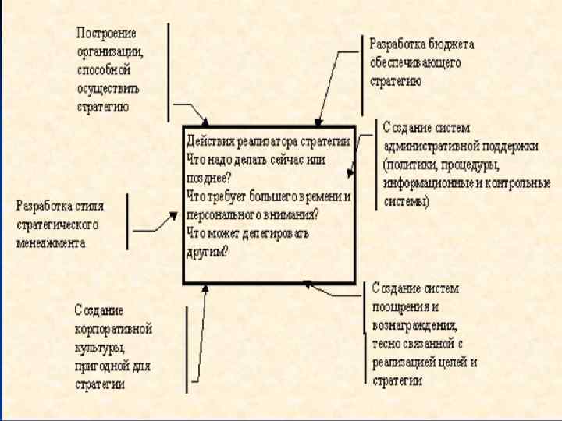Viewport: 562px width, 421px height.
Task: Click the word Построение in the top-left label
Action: (106, 34)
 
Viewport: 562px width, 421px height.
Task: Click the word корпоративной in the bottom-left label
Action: (114, 328)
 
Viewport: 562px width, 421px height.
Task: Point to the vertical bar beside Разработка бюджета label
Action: (361, 75)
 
